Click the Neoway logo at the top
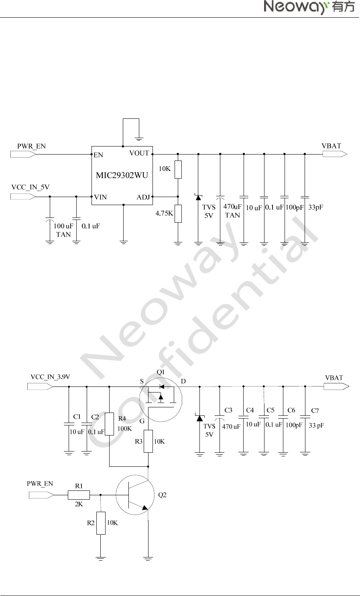click(309, 7)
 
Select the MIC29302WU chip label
click(122, 175)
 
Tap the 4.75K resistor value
click(164, 214)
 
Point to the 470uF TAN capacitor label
click(232, 211)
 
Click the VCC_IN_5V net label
click(31, 187)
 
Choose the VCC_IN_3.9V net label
click(50, 377)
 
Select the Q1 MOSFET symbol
click(161, 399)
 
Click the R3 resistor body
click(148, 441)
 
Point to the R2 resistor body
click(101, 523)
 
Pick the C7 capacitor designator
click(315, 411)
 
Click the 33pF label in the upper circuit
click(316, 207)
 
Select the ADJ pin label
click(143, 197)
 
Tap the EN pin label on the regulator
click(98, 155)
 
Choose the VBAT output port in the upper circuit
click(335, 154)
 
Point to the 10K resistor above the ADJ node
click(178, 169)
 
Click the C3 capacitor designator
click(228, 410)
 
